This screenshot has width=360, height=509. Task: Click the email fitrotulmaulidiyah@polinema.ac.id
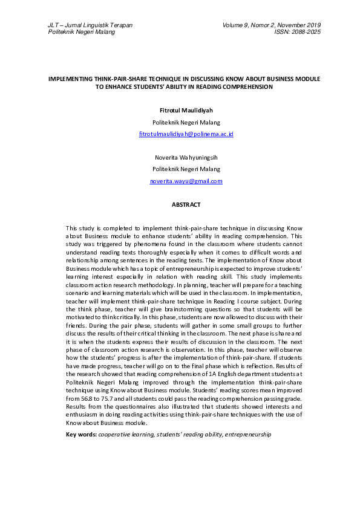[186, 133]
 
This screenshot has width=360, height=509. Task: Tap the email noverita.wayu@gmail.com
[186, 181]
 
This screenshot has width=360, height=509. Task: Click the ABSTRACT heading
[186, 205]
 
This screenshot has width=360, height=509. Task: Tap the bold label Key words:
[80, 435]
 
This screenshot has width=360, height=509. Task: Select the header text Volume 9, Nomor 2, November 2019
[272, 25]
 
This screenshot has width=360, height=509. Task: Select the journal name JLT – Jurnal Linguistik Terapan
[90, 25]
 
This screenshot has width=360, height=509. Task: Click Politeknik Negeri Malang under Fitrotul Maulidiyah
[186, 122]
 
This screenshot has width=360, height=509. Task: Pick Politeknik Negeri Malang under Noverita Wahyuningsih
[186, 169]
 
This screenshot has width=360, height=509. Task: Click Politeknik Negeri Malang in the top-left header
[81, 31]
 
